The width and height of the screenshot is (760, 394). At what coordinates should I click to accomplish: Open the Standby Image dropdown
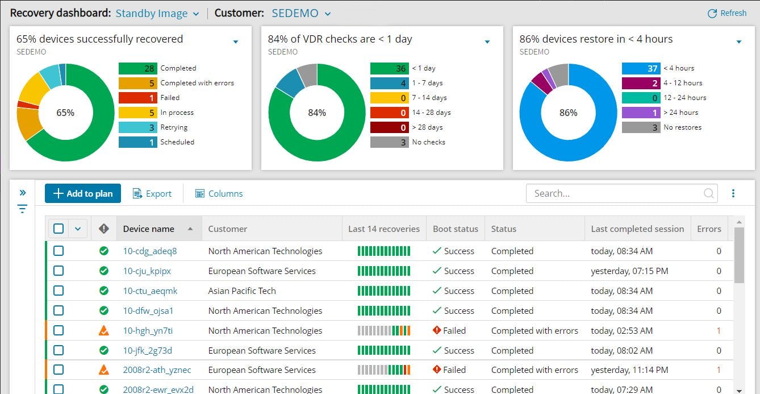click(157, 14)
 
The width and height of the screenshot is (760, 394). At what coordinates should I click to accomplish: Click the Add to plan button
click(83, 193)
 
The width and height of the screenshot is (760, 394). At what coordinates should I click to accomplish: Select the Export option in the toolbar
click(152, 193)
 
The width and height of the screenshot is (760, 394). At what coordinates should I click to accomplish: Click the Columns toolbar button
click(219, 193)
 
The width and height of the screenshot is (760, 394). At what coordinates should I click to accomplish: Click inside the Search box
click(616, 193)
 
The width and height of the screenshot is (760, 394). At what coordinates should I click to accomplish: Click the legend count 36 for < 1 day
click(389, 68)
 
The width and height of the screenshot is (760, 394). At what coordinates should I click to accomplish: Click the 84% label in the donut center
click(317, 113)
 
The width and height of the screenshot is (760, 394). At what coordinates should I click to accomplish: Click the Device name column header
click(149, 229)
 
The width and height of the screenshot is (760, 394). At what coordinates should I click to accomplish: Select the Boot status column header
click(455, 229)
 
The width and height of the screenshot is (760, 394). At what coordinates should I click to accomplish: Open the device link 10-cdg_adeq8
click(150, 251)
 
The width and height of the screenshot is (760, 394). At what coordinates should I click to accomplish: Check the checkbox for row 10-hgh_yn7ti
click(59, 330)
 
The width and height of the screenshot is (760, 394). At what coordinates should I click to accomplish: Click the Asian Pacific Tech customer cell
click(242, 291)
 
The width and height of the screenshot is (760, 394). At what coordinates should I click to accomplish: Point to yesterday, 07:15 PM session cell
click(629, 271)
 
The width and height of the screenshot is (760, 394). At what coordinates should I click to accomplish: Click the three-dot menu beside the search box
click(733, 193)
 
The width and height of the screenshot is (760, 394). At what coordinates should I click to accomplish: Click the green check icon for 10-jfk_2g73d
click(103, 350)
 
